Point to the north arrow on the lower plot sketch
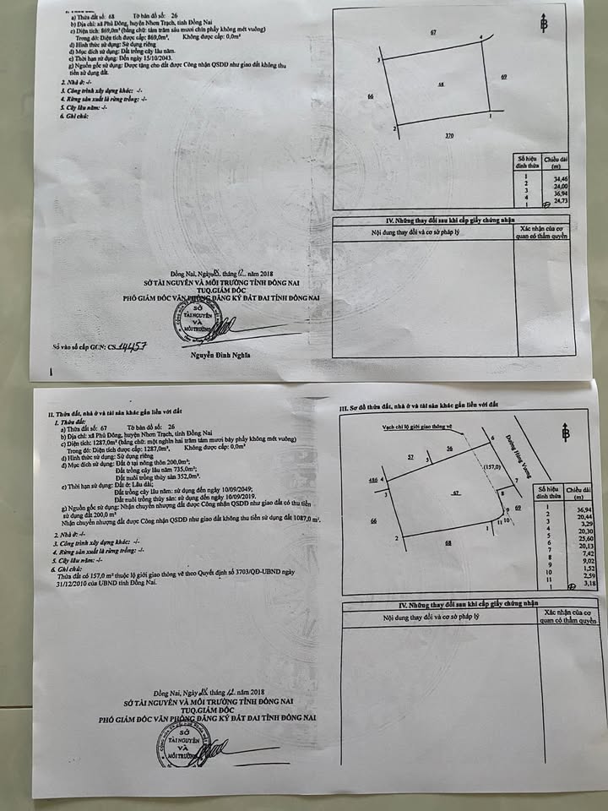click(x=565, y=432)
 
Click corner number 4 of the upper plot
click(x=481, y=37)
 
